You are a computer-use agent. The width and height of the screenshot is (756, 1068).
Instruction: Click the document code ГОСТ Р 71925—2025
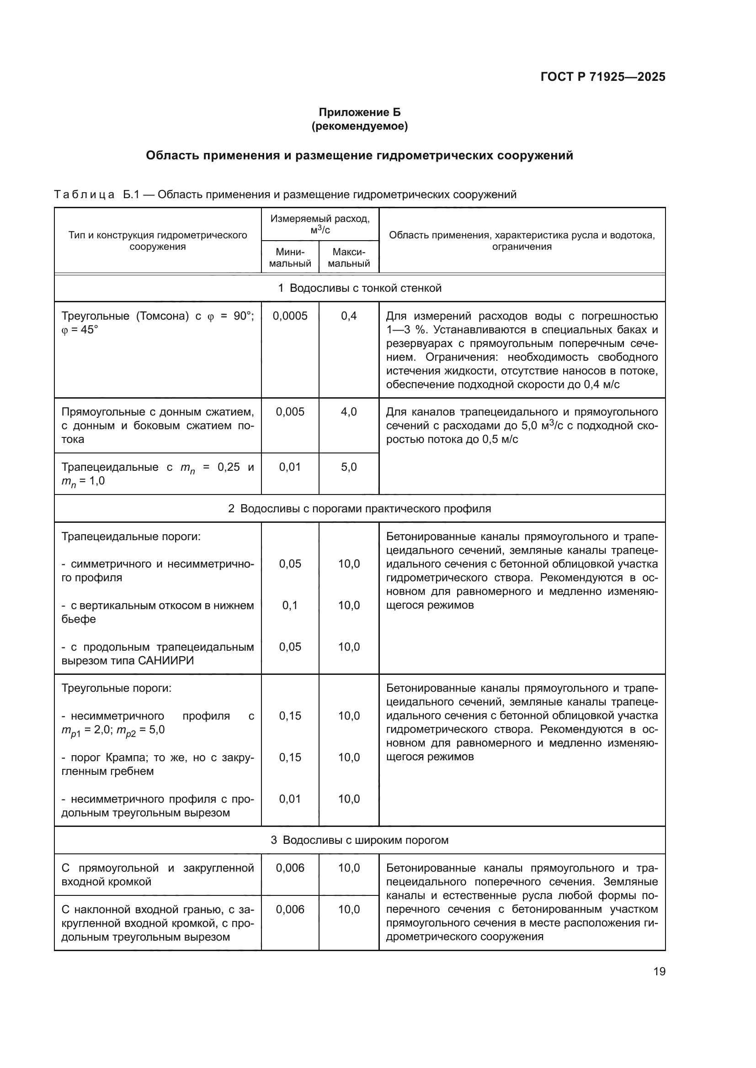(602, 77)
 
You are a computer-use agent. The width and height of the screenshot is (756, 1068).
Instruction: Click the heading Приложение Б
(359, 112)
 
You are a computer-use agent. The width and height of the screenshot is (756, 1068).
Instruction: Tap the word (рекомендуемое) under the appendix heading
(359, 126)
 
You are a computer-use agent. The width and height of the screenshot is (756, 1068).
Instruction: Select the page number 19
(659, 971)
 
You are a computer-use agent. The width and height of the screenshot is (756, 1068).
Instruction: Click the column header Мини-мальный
(290, 257)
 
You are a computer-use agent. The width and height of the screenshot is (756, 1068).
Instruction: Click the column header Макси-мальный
(349, 257)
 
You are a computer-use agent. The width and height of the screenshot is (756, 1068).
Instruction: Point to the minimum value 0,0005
(290, 316)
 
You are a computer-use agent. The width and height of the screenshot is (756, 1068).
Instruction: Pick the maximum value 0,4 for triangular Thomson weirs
(349, 316)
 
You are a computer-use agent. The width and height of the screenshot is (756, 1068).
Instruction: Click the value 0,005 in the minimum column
(290, 412)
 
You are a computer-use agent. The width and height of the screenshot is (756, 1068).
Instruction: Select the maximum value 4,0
(349, 412)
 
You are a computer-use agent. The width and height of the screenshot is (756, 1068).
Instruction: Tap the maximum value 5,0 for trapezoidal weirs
(349, 467)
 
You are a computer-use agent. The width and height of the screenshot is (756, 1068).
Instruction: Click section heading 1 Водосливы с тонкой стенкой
(359, 288)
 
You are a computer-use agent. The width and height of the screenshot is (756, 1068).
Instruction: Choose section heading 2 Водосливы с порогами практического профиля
(359, 508)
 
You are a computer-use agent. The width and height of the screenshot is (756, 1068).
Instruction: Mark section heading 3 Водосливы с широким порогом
(359, 840)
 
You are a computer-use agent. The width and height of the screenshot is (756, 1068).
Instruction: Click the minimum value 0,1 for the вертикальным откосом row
(290, 605)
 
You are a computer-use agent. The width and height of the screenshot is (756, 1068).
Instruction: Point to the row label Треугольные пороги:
(117, 688)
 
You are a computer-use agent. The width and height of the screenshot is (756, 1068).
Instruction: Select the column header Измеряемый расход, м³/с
(320, 224)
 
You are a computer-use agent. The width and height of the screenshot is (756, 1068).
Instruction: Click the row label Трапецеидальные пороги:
(131, 537)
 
